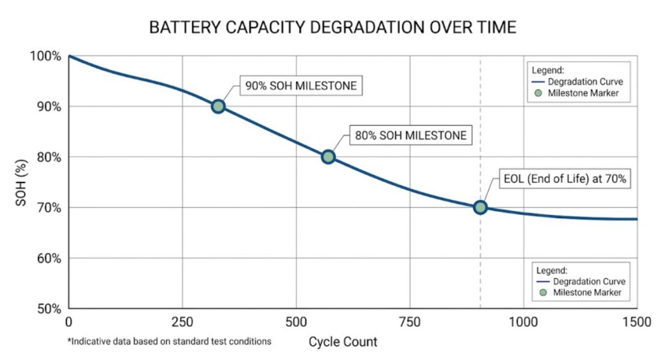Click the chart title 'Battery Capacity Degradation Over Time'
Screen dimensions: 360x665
pyautogui.click(x=332, y=27)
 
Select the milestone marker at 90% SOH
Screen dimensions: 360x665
pyautogui.click(x=218, y=106)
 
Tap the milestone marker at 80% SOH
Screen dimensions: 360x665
pyautogui.click(x=328, y=157)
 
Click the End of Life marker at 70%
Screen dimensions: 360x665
pyautogui.click(x=480, y=207)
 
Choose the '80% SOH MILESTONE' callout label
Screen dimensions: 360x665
pyautogui.click(x=410, y=136)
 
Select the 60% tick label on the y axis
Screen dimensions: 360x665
pyautogui.click(x=48, y=258)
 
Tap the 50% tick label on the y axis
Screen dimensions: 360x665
pyautogui.click(x=48, y=308)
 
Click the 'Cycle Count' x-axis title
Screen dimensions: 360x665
pyautogui.click(x=342, y=341)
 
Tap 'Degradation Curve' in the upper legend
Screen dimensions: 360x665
pyautogui.click(x=585, y=82)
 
